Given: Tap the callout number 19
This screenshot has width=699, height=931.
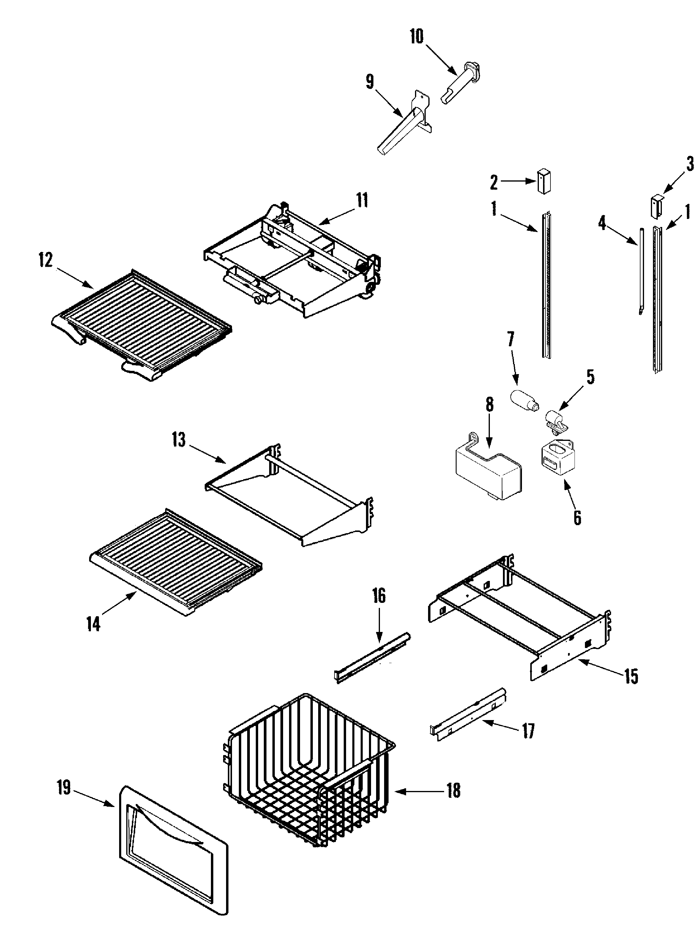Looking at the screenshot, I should tap(64, 787).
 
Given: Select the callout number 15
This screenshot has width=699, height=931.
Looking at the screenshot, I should tap(631, 676).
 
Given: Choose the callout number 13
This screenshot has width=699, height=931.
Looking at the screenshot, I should tap(179, 440).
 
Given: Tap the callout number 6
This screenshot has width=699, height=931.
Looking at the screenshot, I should tap(577, 517).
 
